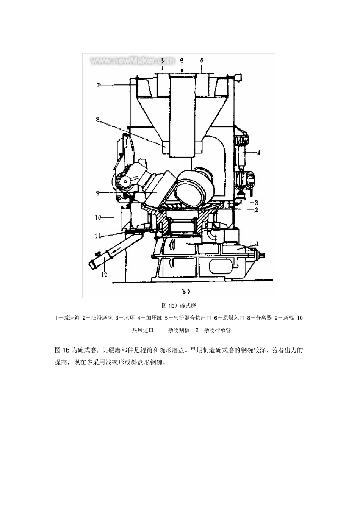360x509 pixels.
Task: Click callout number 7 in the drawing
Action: click(98, 86)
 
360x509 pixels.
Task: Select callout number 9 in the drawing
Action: click(98, 193)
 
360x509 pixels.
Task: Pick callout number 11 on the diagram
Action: click(98, 236)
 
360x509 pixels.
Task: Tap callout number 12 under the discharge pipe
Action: click(103, 274)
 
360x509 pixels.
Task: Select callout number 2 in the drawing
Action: click(257, 209)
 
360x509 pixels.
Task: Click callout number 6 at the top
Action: click(182, 60)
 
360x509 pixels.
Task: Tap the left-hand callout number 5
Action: click(162, 60)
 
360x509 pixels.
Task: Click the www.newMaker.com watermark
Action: click(132, 61)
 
